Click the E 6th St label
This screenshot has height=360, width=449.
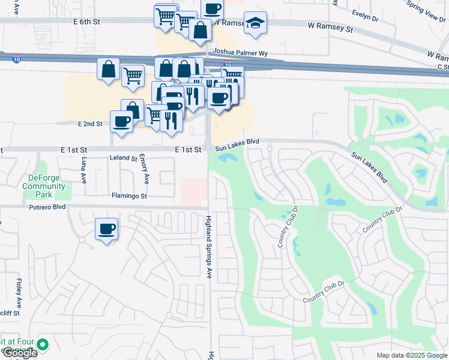87,21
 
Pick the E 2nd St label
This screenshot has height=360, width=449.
90,124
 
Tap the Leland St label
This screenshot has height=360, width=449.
125,158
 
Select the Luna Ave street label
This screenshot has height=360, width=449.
85,170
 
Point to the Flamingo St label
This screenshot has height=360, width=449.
129,196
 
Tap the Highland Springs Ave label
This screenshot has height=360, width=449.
209,247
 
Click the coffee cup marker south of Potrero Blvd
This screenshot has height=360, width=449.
107,229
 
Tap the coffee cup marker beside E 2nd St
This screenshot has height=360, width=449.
122,121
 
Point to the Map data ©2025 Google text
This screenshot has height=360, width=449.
411,355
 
